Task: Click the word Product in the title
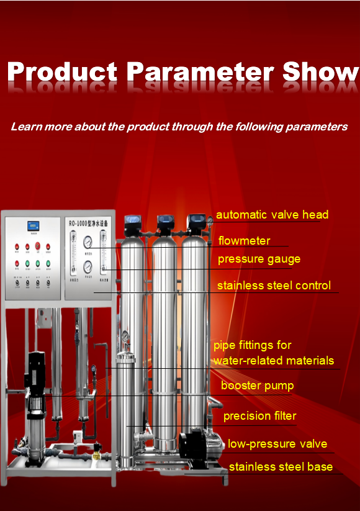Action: (63, 72)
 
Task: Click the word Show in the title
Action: (321, 72)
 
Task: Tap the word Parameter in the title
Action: (200, 72)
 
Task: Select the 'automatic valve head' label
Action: (272, 215)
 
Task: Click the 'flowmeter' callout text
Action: (244, 241)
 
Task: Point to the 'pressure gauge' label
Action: (259, 259)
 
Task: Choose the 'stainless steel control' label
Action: (274, 286)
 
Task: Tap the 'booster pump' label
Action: (257, 386)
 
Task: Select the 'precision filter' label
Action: (259, 416)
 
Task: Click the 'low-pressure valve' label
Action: (277, 444)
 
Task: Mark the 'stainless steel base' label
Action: (281, 467)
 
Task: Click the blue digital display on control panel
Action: (32, 227)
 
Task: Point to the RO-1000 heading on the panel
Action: (88, 223)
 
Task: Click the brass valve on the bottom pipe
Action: (97, 455)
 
